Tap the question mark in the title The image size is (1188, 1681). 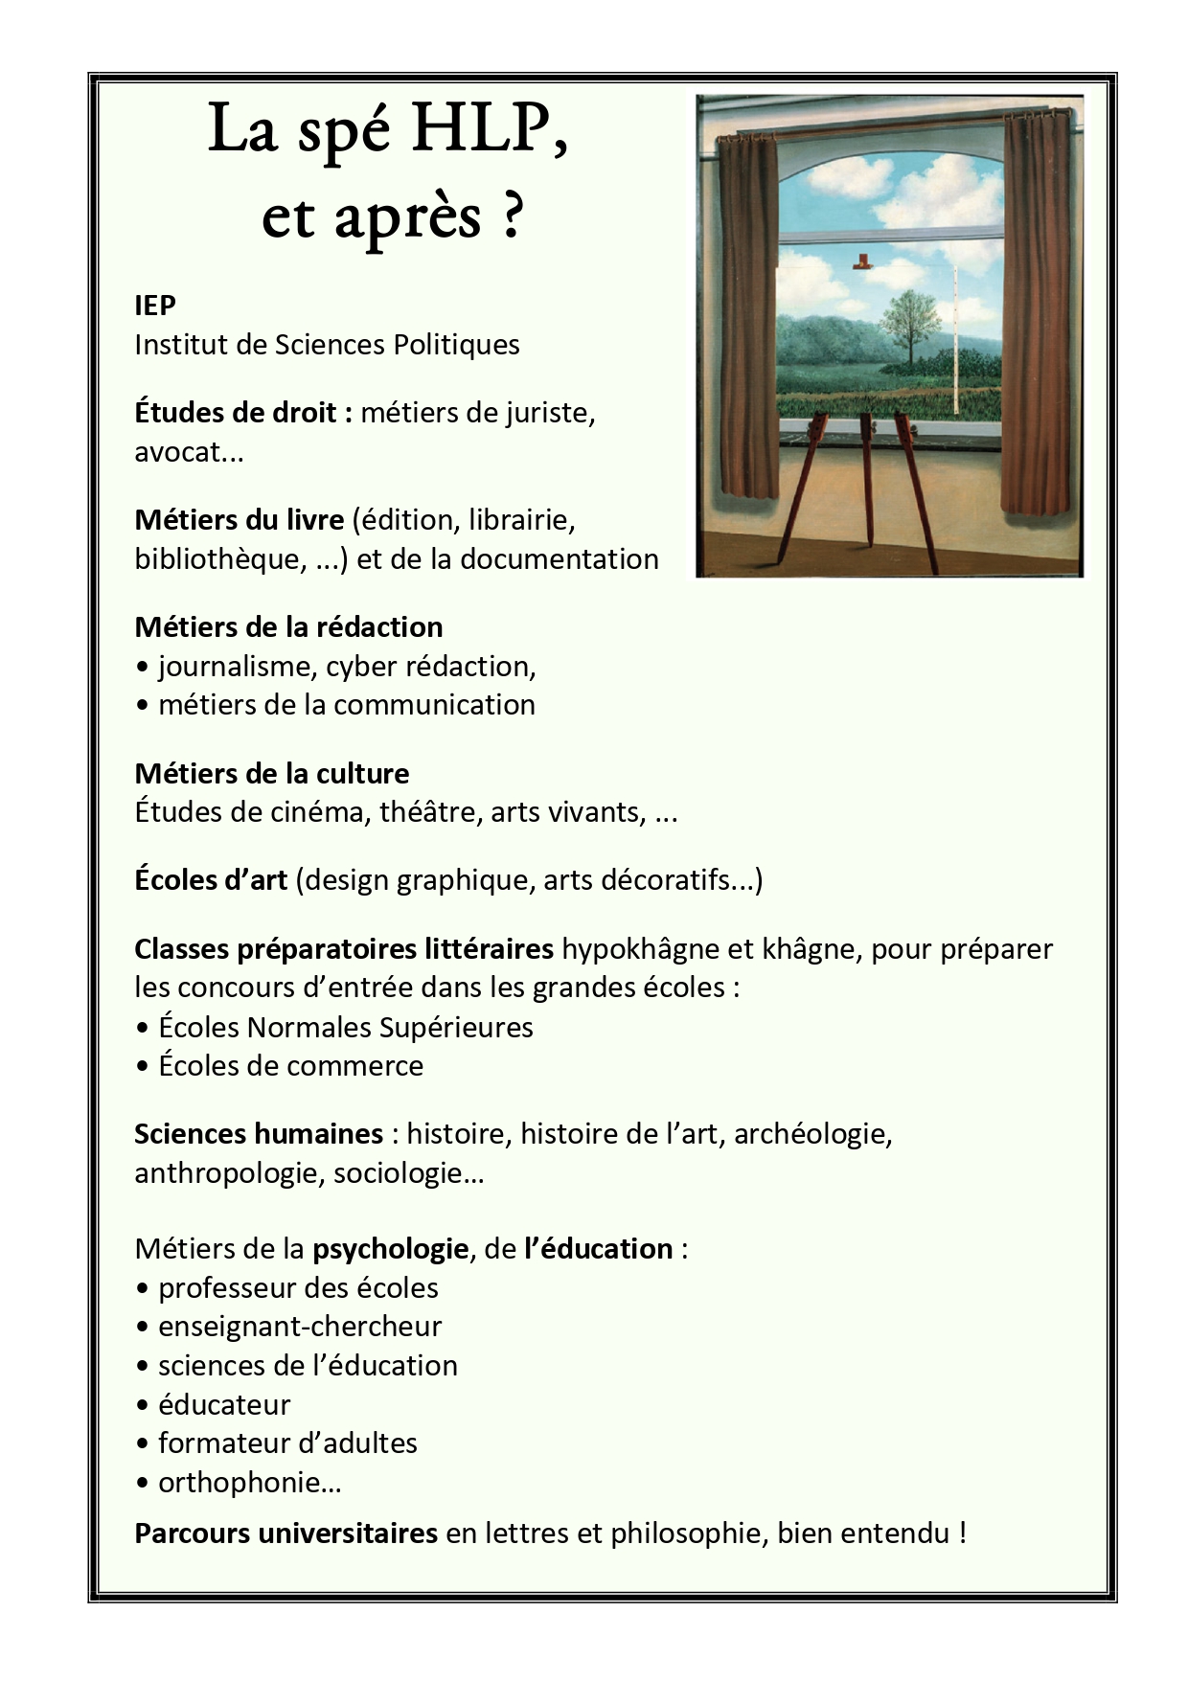[x=512, y=217]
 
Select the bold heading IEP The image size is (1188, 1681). [x=155, y=306]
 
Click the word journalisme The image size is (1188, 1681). [x=238, y=667]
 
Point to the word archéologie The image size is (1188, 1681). [x=811, y=1134]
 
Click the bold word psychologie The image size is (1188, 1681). [x=390, y=1249]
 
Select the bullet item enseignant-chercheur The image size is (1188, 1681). [x=299, y=1327]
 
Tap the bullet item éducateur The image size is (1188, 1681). [x=223, y=1405]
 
